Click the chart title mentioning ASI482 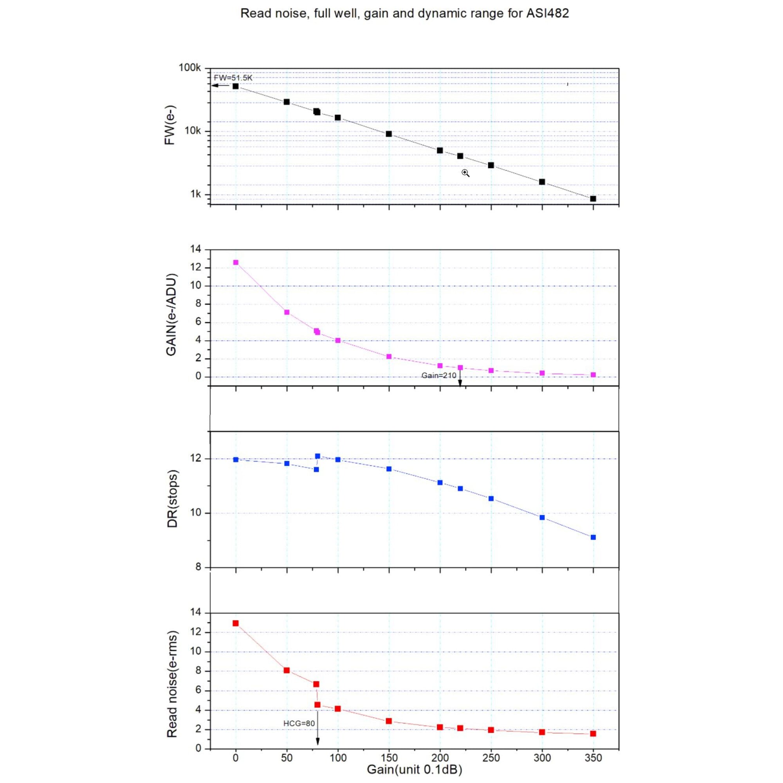[x=404, y=13]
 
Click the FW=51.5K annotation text [x=233, y=78]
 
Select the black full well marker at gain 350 [x=593, y=198]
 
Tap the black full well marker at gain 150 [x=389, y=134]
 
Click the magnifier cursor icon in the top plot [x=465, y=173]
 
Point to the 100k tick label [x=189, y=68]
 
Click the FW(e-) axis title [x=170, y=125]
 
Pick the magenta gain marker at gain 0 [x=236, y=262]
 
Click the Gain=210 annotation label [x=438, y=375]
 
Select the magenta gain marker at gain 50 [x=287, y=312]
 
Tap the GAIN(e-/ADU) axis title [x=171, y=315]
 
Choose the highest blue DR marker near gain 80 [x=318, y=456]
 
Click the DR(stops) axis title [x=173, y=499]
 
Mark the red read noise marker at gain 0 [x=235, y=623]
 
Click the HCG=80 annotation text [x=299, y=723]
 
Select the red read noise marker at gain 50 [x=287, y=670]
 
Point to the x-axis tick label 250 [x=491, y=758]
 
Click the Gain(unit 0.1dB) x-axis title [x=414, y=769]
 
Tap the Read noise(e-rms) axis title [x=172, y=684]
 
